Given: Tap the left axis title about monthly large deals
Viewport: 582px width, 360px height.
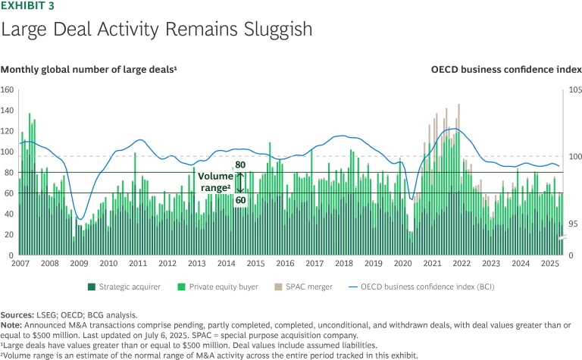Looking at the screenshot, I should tap(90, 69).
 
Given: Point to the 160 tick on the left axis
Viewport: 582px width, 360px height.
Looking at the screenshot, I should tap(8, 89).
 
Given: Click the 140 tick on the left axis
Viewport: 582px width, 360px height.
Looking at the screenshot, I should tap(8, 110).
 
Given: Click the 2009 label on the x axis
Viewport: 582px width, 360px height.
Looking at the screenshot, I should tap(79, 264).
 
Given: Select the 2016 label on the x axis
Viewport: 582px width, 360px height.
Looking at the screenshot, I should tap(285, 264).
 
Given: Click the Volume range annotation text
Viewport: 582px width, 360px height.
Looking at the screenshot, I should tap(216, 182).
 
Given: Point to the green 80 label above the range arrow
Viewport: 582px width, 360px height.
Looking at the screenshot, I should tap(240, 164).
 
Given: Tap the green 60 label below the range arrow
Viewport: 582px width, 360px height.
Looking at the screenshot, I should tap(240, 200).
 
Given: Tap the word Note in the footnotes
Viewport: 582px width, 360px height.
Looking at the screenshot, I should tap(12, 322).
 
